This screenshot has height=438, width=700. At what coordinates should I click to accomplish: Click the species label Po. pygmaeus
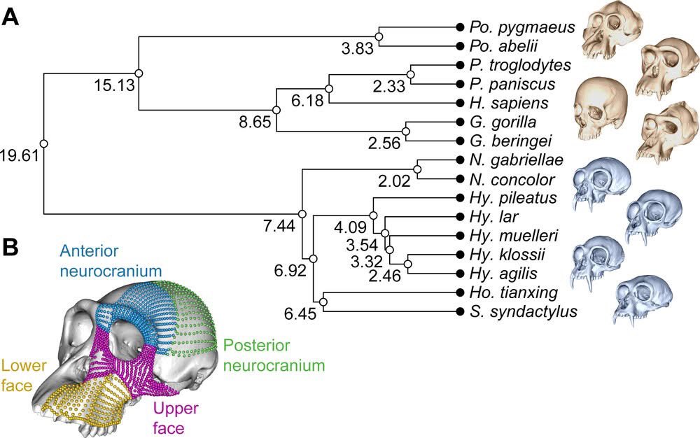(522, 27)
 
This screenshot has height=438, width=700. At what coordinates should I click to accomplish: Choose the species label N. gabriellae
(517, 160)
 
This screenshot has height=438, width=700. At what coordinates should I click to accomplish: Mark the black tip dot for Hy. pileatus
(460, 197)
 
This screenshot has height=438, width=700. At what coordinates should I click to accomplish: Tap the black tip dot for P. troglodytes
(460, 64)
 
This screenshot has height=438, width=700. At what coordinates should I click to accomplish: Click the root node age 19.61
(20, 155)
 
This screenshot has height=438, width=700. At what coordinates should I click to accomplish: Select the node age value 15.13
(113, 85)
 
